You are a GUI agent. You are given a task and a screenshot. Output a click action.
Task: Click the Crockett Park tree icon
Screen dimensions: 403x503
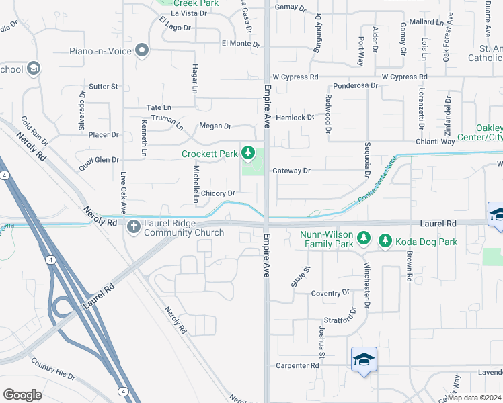(249, 154)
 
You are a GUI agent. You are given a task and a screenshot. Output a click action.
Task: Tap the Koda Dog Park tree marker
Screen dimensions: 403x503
(385, 240)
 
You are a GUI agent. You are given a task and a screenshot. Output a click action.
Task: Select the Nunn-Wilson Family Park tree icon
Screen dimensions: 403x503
(364, 238)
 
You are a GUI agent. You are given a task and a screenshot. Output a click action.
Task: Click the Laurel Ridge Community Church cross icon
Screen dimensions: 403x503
(133, 227)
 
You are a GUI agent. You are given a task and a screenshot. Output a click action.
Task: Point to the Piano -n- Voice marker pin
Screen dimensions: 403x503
(141, 51)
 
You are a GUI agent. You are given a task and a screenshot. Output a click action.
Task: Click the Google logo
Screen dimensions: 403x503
(22, 395)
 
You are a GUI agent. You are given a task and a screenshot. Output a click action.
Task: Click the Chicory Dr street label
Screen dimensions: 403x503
(217, 193)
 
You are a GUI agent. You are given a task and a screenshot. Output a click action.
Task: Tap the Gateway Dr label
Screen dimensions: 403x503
(292, 171)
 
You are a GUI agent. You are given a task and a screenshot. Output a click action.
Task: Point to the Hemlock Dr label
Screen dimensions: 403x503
(295, 118)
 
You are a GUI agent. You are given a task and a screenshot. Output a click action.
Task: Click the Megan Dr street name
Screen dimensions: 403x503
(215, 126)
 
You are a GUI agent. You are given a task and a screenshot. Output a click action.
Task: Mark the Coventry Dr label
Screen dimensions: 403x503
(330, 294)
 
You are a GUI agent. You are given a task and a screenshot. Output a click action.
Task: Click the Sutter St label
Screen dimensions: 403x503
(104, 87)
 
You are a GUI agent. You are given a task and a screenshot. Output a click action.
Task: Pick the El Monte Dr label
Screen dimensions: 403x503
(240, 44)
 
